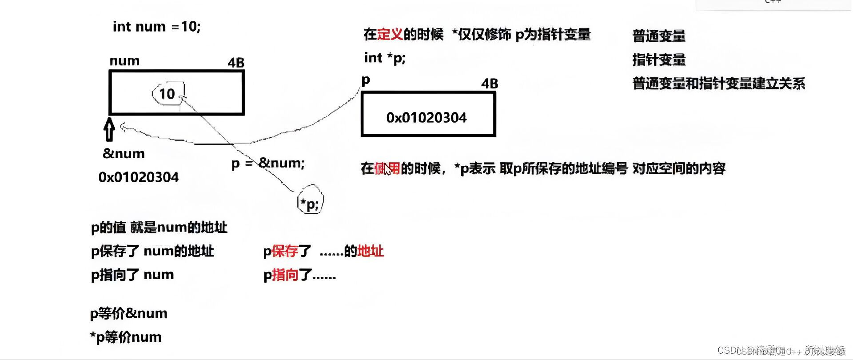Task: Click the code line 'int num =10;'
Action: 156,27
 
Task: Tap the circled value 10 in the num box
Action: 167,94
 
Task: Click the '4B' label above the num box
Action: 236,63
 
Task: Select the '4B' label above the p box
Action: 490,84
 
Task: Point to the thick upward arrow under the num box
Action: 109,129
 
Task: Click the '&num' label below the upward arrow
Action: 124,154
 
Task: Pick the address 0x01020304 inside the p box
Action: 426,118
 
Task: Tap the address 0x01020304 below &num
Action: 139,177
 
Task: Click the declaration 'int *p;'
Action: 385,58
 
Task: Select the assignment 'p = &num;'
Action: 268,164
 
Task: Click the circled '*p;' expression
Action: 310,204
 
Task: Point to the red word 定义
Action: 390,34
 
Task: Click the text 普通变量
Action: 659,36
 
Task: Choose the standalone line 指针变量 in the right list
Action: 659,60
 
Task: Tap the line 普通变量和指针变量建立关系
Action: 719,84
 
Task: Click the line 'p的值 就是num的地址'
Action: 159,228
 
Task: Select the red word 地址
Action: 371,252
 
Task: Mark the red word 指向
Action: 285,275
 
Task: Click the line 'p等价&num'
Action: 129,314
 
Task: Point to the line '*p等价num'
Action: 126,337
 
